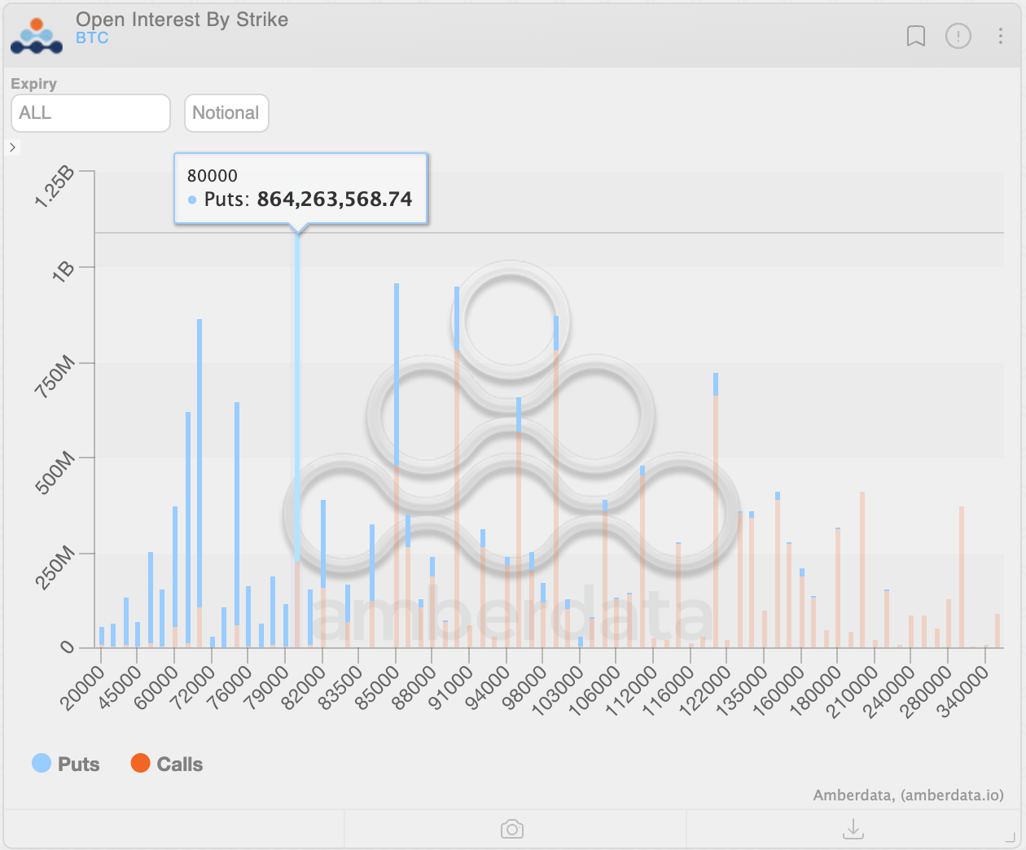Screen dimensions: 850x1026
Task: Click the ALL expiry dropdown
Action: (90, 113)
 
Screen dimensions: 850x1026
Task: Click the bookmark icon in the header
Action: (916, 36)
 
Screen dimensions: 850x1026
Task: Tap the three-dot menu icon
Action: (1001, 36)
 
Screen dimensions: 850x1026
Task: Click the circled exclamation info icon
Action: (958, 36)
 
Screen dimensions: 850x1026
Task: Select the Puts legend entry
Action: (66, 764)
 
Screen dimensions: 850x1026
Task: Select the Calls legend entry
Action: (167, 764)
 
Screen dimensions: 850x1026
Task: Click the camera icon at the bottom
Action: (512, 829)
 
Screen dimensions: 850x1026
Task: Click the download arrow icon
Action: (853, 829)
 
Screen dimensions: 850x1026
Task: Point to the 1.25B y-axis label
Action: (55, 186)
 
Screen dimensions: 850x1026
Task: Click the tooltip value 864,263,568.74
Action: (335, 199)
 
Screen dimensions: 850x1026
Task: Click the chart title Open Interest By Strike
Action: (182, 20)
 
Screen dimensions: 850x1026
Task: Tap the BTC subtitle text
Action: (92, 38)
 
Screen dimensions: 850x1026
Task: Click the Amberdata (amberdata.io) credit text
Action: (908, 795)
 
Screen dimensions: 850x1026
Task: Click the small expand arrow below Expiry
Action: (12, 147)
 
